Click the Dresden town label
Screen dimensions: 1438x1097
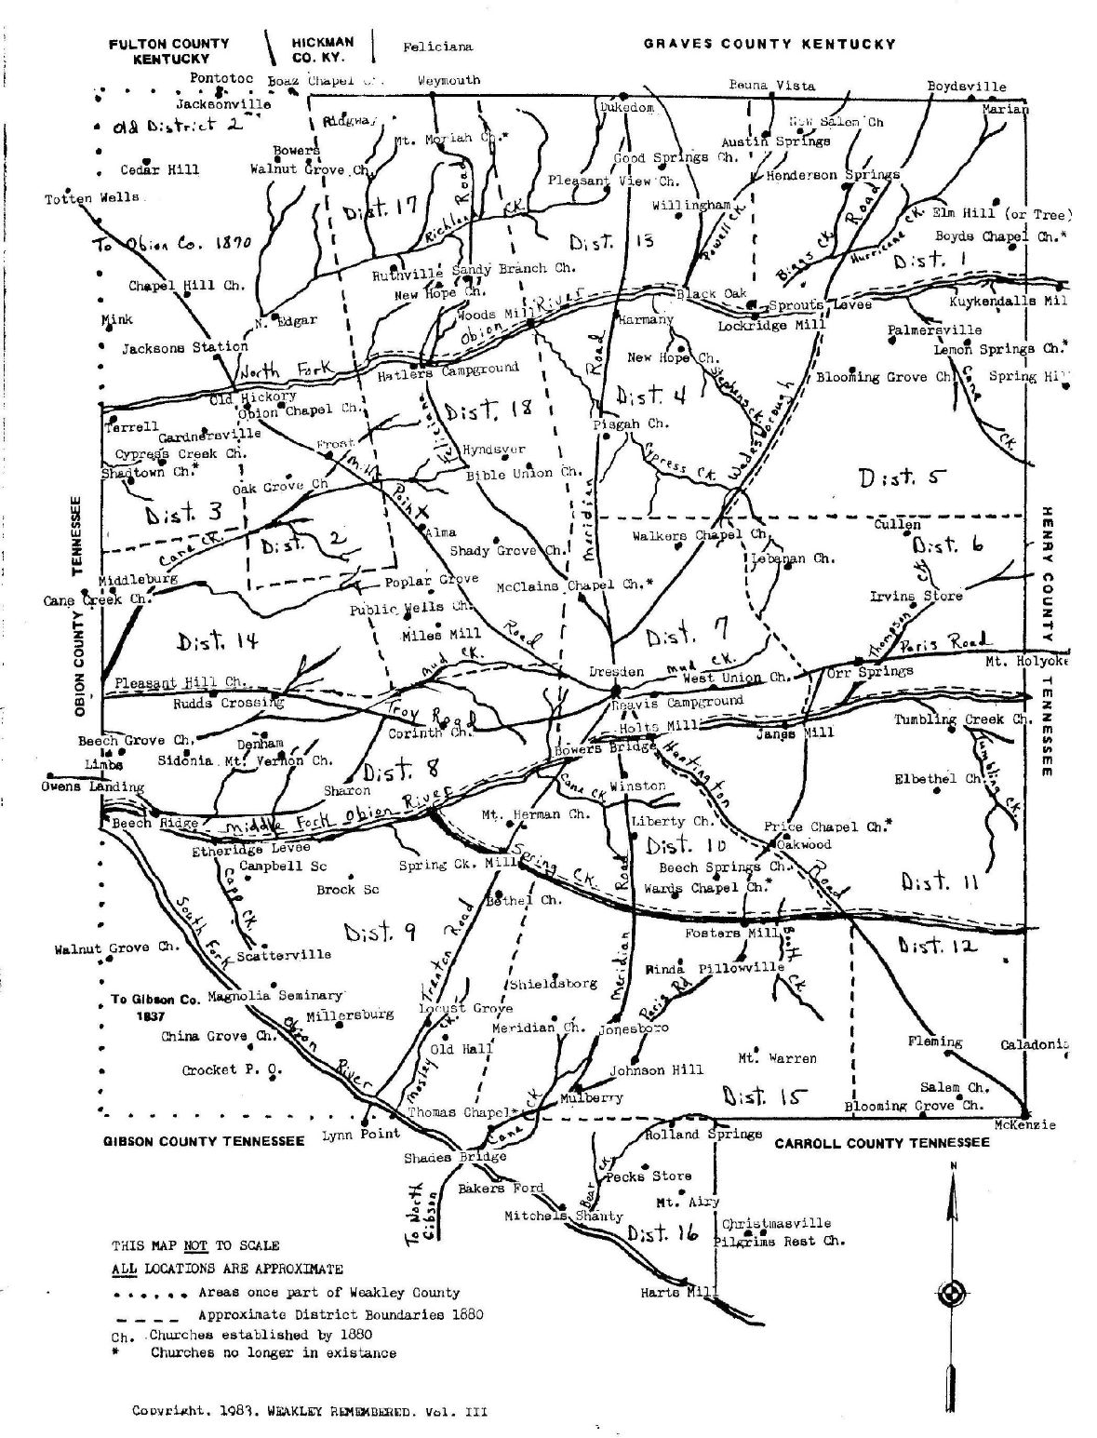[616, 671]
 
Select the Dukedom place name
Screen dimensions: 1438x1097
[625, 108]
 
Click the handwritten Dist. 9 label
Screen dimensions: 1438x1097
[380, 931]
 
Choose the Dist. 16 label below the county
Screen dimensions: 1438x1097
[662, 1234]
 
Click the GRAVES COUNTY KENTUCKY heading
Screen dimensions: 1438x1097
[769, 44]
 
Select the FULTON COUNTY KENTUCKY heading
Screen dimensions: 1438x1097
[169, 51]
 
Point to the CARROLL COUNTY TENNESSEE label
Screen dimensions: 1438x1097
[882, 1143]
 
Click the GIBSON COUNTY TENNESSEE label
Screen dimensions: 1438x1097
[204, 1141]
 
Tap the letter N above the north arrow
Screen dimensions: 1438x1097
[953, 1165]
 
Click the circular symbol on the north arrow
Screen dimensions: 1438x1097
[953, 1293]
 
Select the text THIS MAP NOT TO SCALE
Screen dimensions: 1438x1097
[195, 1245]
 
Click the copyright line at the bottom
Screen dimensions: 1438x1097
[309, 1411]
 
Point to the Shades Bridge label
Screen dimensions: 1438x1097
[455, 1157]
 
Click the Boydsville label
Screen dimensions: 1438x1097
[967, 87]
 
